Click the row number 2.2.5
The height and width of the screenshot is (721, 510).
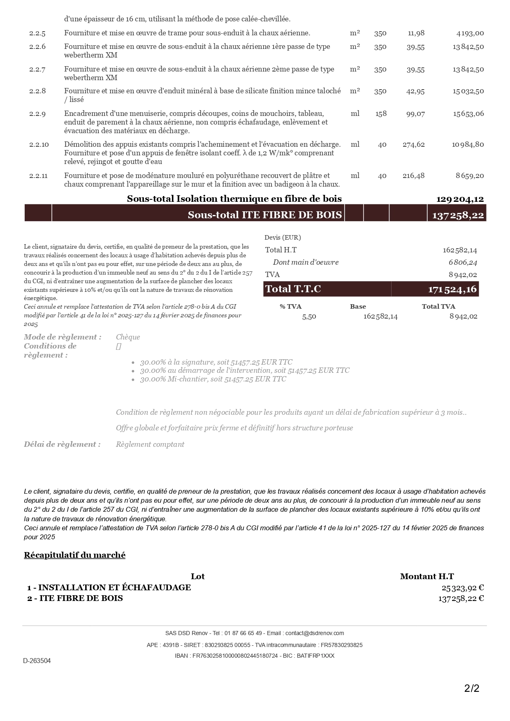[x=37, y=33]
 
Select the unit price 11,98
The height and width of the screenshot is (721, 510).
[x=416, y=33]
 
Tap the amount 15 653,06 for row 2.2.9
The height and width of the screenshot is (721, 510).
[x=468, y=114]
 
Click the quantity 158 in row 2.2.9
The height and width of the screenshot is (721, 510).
[x=381, y=114]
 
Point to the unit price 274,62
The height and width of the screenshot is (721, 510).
[x=413, y=145]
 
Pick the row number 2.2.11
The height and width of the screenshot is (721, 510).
[x=38, y=176]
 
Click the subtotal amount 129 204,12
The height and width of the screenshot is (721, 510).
[x=460, y=199]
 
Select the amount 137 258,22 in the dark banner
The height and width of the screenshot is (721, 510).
[x=458, y=215]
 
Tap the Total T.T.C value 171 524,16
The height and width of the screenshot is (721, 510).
[x=452, y=289]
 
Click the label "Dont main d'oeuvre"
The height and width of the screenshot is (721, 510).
[x=306, y=262]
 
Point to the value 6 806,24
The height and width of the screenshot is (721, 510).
[x=463, y=262]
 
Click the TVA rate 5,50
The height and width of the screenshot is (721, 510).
[x=309, y=317]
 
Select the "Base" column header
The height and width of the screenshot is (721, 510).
[x=358, y=307]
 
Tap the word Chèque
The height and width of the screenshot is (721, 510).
[x=128, y=337]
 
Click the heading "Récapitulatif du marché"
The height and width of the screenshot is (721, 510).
[x=74, y=555]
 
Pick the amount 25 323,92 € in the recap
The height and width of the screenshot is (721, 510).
[x=463, y=588]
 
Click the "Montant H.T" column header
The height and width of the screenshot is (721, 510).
[x=427, y=577]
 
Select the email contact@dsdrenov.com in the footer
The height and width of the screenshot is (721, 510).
[x=315, y=633]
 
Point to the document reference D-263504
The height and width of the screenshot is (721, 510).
[x=37, y=661]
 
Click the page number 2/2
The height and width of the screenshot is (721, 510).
[x=472, y=688]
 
